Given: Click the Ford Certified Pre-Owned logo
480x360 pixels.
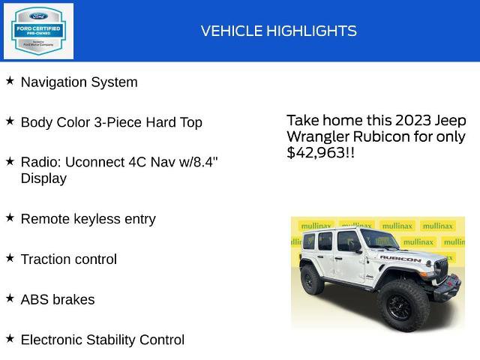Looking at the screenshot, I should [x=38, y=31].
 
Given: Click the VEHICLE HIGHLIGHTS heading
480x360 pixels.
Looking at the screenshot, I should [x=278, y=31].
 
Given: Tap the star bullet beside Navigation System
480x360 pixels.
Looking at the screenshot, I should [x=10, y=80].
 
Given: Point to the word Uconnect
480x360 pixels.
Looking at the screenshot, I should [x=94, y=162].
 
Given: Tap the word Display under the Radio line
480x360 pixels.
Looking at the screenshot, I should [x=43, y=178].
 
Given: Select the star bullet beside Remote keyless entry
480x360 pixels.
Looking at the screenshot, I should [x=10, y=217].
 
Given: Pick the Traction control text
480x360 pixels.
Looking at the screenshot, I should [x=68, y=259].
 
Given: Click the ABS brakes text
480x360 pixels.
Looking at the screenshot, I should [x=58, y=299].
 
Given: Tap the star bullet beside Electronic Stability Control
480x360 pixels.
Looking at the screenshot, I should [x=10, y=337].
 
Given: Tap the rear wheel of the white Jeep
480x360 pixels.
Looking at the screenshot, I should [x=312, y=280].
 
